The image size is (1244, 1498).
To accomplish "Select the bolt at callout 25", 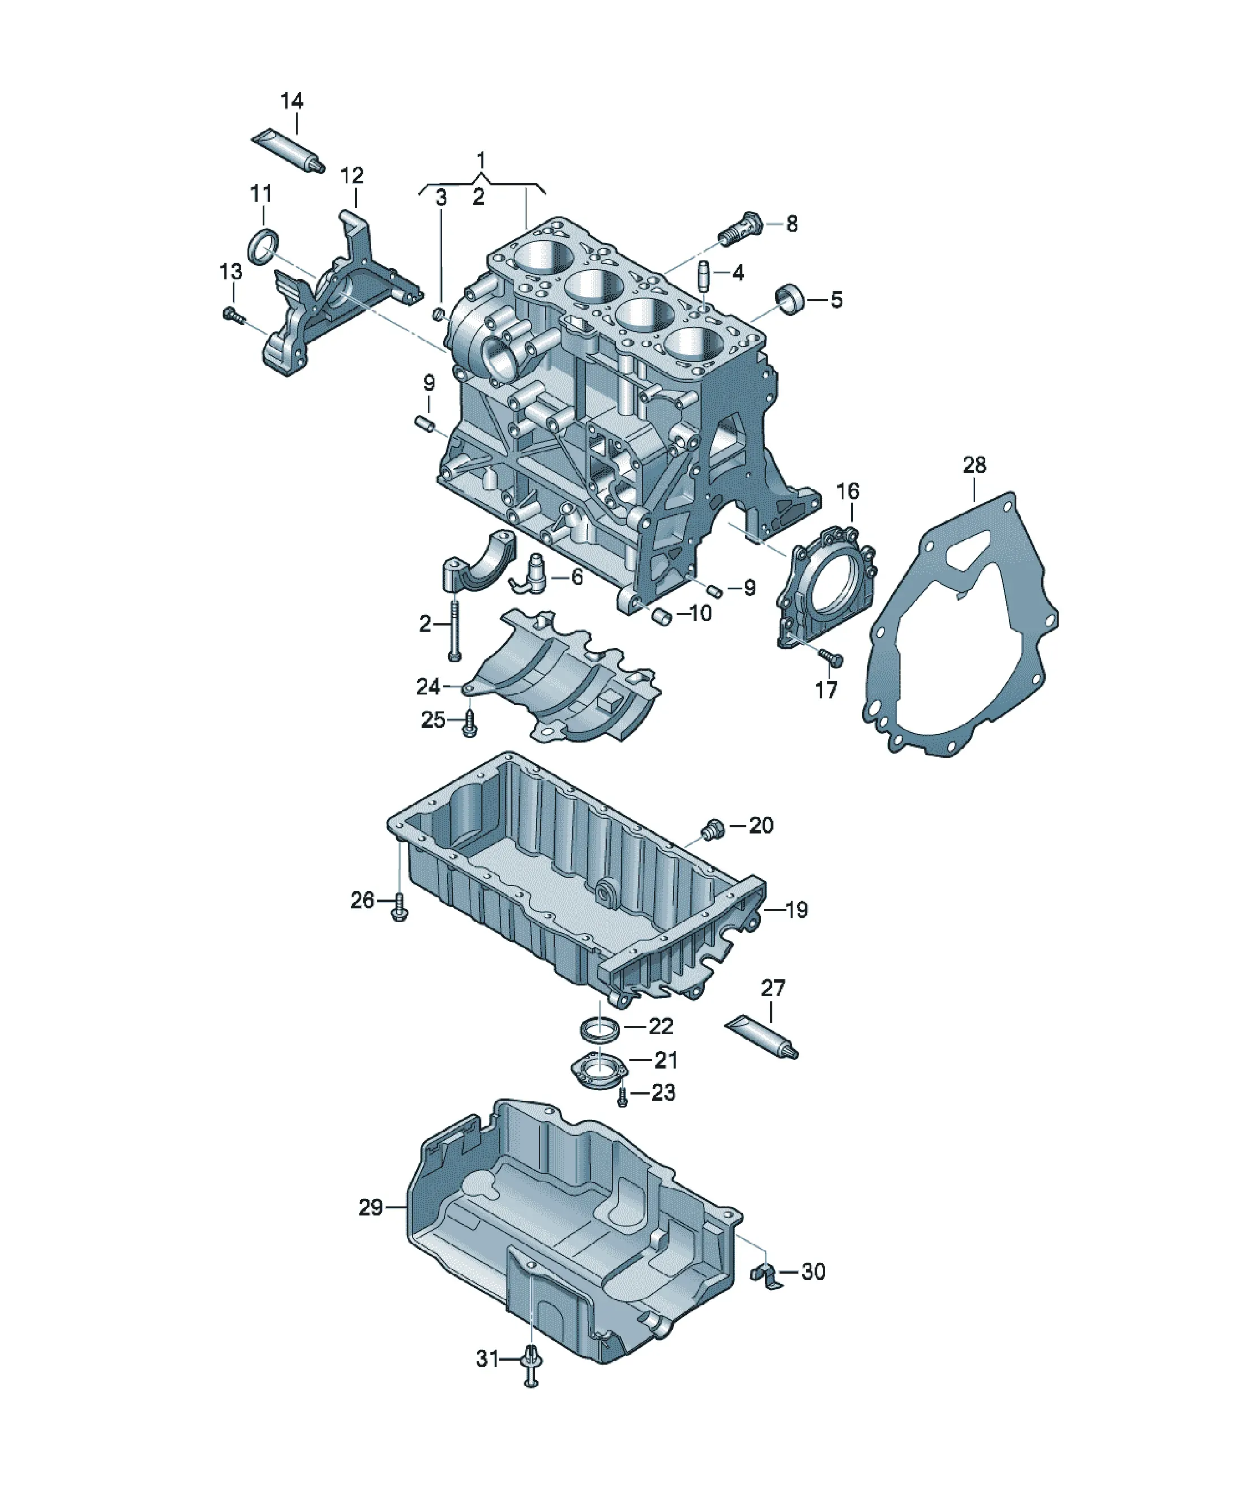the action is pyautogui.click(x=469, y=722).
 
